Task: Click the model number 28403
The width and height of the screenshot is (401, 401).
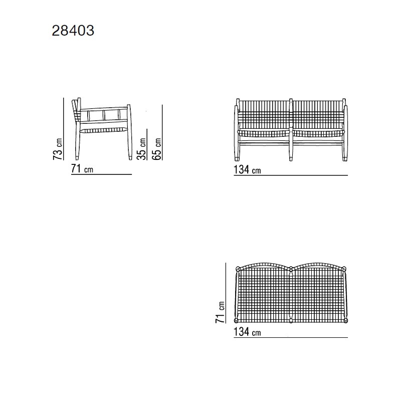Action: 73,31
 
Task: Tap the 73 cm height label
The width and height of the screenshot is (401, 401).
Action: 58,149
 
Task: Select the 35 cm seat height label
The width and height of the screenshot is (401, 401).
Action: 141,149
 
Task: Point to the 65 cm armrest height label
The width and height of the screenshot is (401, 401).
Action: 156,149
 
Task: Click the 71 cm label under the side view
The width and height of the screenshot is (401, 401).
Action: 82,169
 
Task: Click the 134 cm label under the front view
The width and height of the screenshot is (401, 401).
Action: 247,169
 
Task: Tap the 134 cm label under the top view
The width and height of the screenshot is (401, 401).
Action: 247,332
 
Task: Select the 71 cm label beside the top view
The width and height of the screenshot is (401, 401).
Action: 220,312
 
